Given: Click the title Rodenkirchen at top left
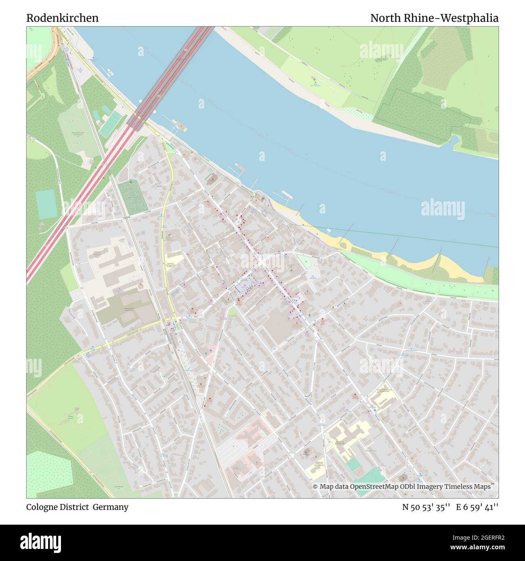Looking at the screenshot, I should coord(62,18).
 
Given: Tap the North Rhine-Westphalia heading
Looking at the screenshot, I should coord(434,18).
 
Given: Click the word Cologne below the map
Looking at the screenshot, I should coord(42,507).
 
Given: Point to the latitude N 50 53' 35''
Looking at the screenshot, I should coord(426,507).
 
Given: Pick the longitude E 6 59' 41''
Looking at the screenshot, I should coord(477,507).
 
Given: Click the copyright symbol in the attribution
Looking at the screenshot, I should coord(315,487).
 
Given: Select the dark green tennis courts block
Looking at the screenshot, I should coord(133,197).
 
